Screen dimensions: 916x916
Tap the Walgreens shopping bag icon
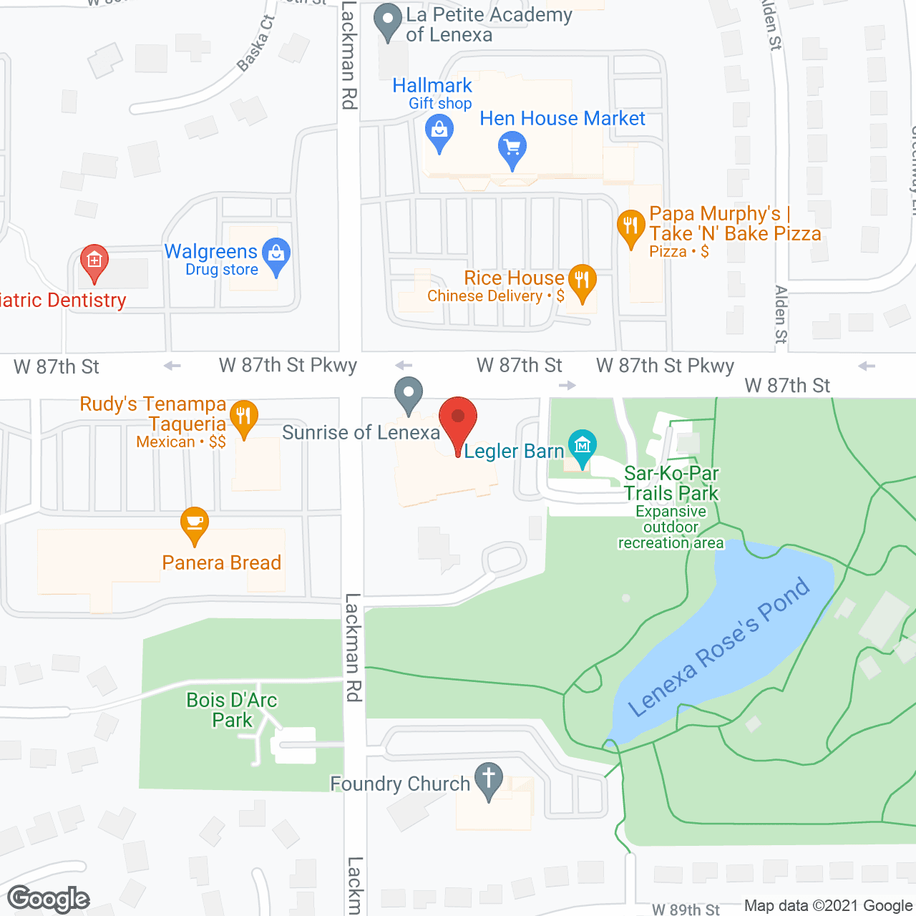276,255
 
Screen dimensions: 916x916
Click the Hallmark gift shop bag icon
439,132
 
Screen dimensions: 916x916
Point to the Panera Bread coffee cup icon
194,522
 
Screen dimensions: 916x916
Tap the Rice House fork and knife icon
582,281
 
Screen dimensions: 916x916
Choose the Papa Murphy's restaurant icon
630,227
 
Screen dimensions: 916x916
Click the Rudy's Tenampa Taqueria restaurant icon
243,416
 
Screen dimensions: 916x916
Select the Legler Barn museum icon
582,446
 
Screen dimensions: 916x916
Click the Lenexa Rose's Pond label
719,648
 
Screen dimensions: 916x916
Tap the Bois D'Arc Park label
231,710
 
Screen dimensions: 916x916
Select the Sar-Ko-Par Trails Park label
671,484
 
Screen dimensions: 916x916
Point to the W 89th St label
686,909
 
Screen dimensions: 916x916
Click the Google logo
49,899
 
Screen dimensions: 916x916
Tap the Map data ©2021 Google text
829,906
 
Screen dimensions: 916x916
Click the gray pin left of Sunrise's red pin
409,394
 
